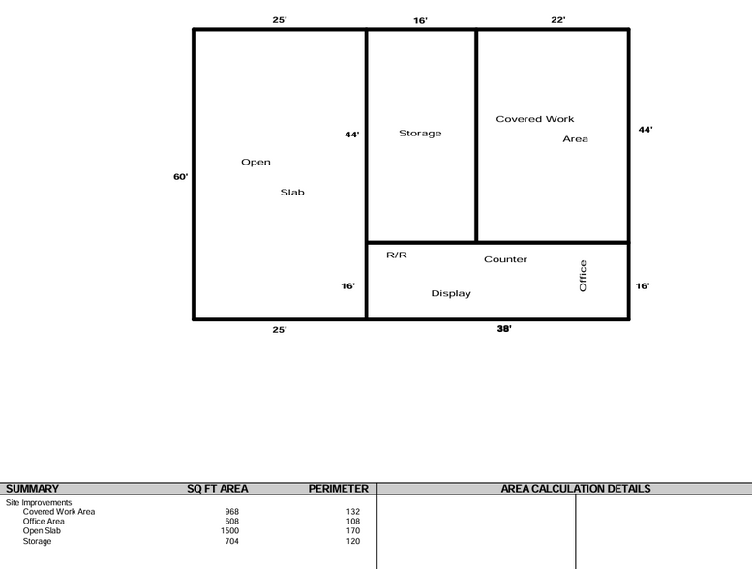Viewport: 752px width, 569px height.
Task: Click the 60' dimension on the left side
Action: tap(180, 177)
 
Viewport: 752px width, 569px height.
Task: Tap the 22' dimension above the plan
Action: tap(558, 20)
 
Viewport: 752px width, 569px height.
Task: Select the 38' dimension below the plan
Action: tap(504, 328)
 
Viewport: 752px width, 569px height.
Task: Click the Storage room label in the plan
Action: tap(420, 134)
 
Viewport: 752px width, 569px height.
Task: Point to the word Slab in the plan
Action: tap(292, 193)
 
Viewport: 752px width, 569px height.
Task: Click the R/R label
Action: tap(397, 255)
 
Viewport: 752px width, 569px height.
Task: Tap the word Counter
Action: tap(505, 259)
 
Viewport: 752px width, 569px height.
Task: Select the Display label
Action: tap(451, 293)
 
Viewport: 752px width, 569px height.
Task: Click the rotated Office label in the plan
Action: tap(583, 276)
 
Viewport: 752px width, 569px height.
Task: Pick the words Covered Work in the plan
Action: tap(535, 119)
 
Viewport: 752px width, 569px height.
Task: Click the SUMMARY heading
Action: tap(32, 489)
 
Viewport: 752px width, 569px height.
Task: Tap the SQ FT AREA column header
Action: tap(217, 489)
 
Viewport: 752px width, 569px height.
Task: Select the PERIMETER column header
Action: tap(339, 489)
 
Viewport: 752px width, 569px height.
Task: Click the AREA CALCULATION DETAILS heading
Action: tap(576, 489)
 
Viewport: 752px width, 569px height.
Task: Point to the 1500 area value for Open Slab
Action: tap(229, 531)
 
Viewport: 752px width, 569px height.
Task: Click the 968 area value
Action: tap(231, 512)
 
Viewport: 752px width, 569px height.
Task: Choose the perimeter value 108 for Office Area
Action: tap(353, 522)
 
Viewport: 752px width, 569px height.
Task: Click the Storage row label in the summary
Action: tap(37, 541)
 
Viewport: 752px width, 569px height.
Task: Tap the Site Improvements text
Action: tap(39, 503)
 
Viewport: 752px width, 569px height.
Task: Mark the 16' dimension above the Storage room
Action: tap(421, 20)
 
